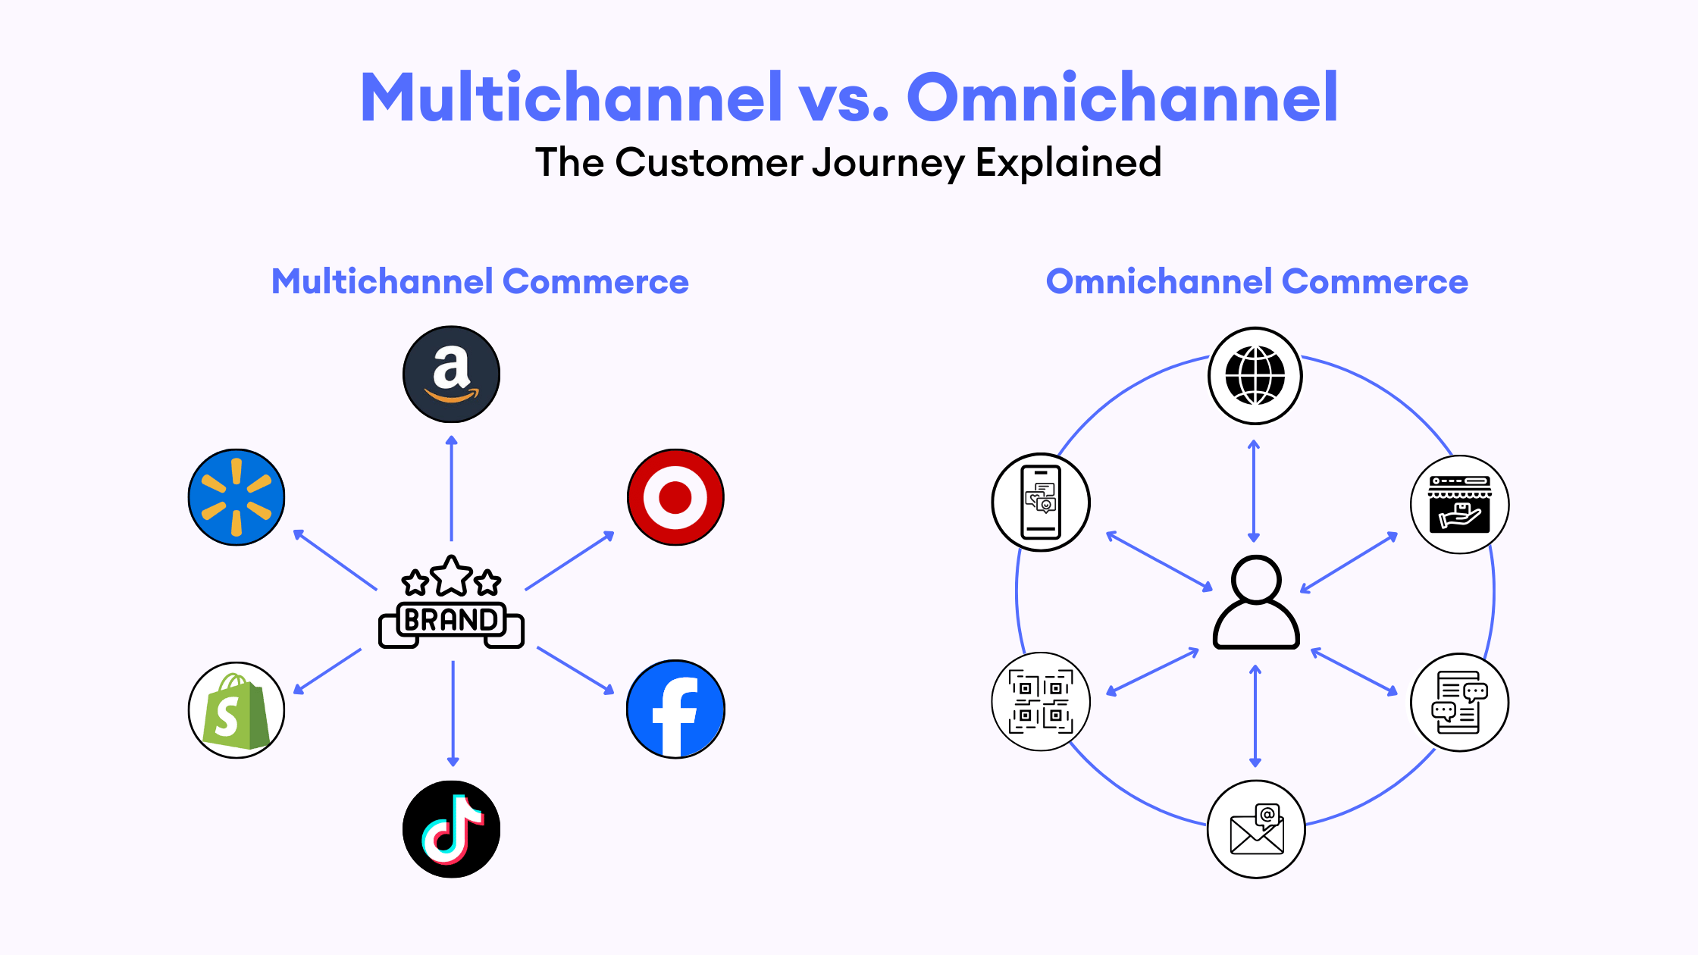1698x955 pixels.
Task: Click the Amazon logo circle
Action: (x=451, y=374)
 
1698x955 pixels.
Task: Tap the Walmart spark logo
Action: (x=237, y=497)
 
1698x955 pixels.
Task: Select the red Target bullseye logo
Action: (x=675, y=497)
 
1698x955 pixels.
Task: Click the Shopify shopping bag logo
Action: (x=237, y=710)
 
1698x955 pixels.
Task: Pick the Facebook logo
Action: (x=675, y=709)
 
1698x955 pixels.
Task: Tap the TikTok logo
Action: (x=451, y=829)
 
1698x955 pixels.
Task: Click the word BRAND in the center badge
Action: (x=451, y=620)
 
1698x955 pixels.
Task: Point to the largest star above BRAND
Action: (x=452, y=576)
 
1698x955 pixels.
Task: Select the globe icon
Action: (x=1255, y=376)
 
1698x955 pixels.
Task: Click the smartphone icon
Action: (x=1041, y=502)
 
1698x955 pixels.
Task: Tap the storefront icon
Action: (x=1460, y=505)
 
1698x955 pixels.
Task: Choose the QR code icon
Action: (x=1041, y=702)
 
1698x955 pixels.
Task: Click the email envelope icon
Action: (x=1257, y=829)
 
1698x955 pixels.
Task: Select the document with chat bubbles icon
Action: (x=1460, y=703)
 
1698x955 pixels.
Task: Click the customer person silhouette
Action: (x=1257, y=603)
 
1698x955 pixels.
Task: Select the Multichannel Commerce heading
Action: (x=480, y=281)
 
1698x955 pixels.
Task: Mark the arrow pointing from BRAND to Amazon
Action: (x=452, y=488)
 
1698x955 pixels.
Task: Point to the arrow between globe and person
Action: (x=1254, y=491)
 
